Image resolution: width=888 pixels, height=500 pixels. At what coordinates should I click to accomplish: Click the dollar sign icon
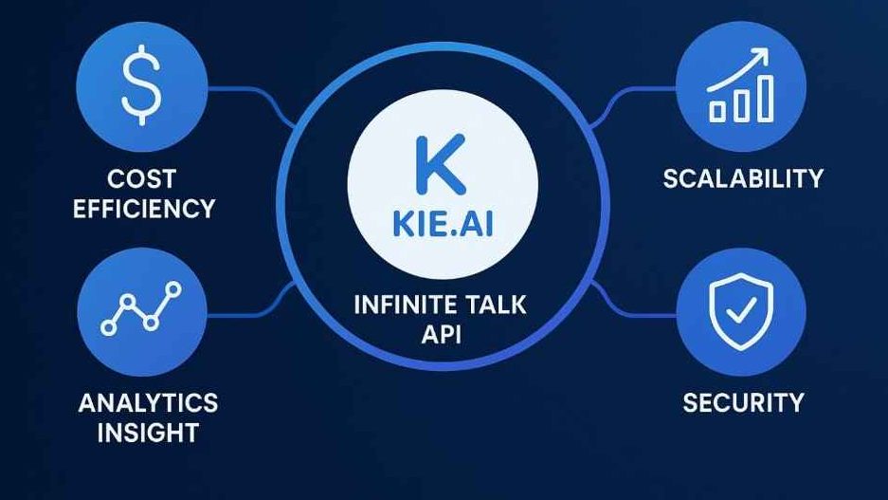[141, 85]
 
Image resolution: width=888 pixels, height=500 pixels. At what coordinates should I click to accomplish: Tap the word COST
[141, 179]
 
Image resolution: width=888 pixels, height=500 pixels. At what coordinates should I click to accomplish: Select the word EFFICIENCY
[144, 209]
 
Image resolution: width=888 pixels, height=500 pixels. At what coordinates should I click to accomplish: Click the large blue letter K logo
[441, 164]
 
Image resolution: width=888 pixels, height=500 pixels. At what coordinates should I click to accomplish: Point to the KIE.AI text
[443, 224]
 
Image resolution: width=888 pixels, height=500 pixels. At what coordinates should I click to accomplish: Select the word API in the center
[442, 334]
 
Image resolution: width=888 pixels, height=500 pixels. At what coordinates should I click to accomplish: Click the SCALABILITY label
[743, 178]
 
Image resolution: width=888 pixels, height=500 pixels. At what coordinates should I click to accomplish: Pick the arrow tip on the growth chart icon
[768, 50]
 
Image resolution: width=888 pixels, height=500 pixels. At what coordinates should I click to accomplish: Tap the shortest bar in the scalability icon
[717, 111]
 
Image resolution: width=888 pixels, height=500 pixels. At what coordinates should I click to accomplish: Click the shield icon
[741, 310]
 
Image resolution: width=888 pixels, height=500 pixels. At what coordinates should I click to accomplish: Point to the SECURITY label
[743, 403]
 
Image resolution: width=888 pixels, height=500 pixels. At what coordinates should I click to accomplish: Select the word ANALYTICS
[148, 403]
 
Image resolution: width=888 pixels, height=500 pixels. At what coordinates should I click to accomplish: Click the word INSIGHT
[148, 433]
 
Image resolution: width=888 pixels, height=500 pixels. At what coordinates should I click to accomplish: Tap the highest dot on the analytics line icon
[173, 290]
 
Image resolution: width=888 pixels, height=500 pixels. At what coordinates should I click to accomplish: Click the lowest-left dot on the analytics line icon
[109, 327]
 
